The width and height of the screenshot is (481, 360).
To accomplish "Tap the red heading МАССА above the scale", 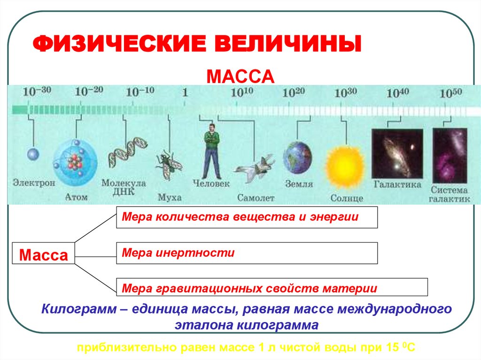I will pyautogui.click(x=240, y=76).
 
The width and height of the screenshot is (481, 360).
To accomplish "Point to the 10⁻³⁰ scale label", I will pyautogui.click(x=37, y=92).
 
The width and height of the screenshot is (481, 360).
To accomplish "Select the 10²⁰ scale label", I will pyautogui.click(x=294, y=92).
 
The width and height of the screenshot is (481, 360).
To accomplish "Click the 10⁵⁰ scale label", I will pyautogui.click(x=451, y=92).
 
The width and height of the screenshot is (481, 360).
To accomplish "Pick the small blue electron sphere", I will pyautogui.click(x=33, y=154).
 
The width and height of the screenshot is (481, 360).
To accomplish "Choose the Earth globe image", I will pyautogui.click(x=297, y=158).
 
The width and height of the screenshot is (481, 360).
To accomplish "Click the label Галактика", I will pyautogui.click(x=397, y=185).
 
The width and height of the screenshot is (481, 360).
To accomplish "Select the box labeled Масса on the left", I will pyautogui.click(x=43, y=255).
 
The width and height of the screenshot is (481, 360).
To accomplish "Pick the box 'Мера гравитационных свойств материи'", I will pyautogui.click(x=272, y=287).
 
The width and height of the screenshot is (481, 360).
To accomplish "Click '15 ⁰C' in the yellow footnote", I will pyautogui.click(x=399, y=348).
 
